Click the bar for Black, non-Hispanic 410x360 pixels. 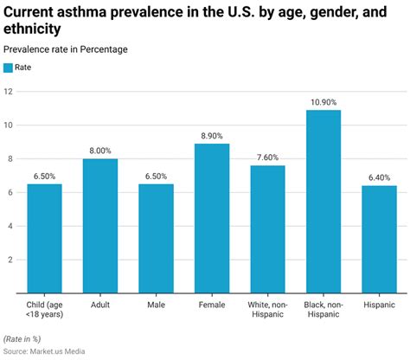[324, 201]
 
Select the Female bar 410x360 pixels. [212, 217]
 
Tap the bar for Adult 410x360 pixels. [100, 225]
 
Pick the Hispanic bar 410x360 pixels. [379, 239]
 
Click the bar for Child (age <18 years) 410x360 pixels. [45, 238]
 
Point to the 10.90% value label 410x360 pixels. [324, 102]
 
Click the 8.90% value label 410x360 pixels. [212, 136]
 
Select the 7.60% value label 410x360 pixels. [267, 157]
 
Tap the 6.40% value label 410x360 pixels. [379, 177]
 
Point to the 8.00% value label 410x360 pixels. [100, 151]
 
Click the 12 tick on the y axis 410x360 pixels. [9, 91]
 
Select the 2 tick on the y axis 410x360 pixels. [10, 259]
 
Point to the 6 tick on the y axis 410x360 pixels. [10, 192]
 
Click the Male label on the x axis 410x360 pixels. [156, 305]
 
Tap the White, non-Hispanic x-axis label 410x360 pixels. [267, 310]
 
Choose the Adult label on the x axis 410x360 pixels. [100, 305]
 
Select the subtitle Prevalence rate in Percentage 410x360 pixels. [65, 49]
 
